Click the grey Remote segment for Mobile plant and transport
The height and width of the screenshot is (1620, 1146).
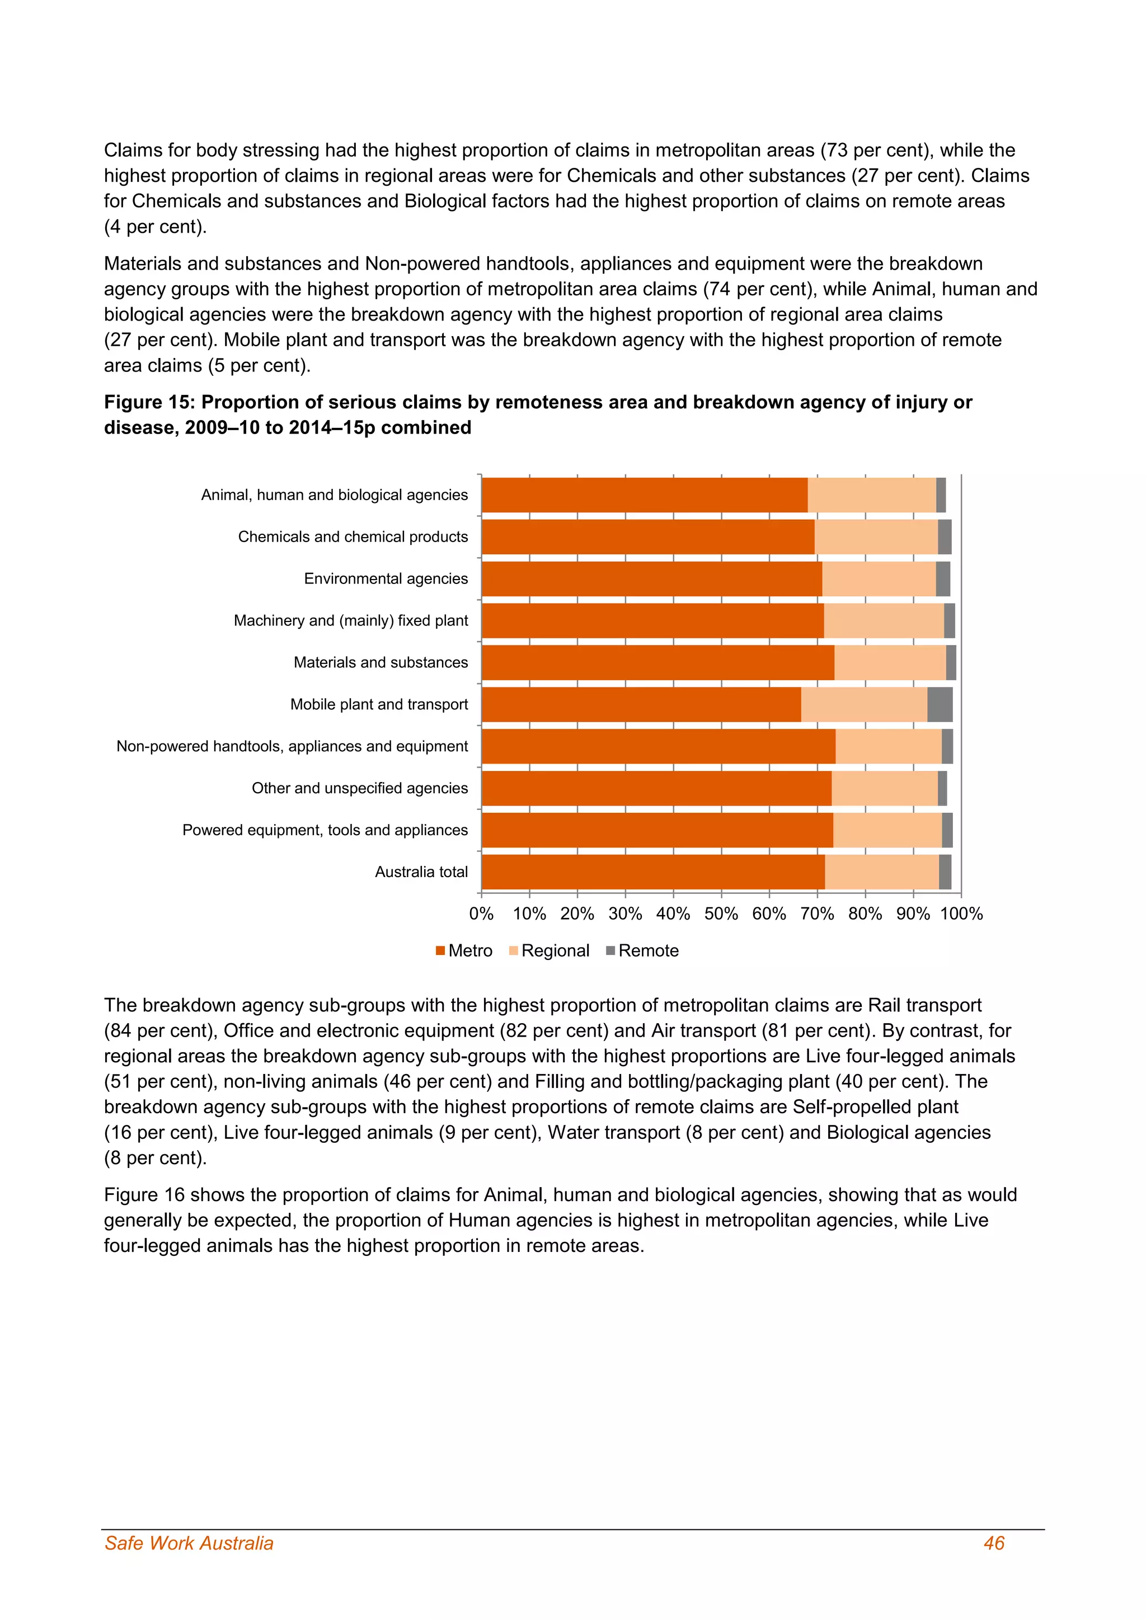tap(940, 704)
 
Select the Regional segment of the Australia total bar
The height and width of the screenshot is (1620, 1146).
tap(881, 872)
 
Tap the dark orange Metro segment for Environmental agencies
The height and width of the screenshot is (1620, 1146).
tap(651, 578)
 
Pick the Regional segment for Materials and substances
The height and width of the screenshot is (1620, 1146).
tap(890, 662)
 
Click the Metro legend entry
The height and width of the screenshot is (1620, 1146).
tap(464, 950)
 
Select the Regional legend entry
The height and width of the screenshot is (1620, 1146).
tap(549, 950)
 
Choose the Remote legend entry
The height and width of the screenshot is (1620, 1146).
tap(642, 950)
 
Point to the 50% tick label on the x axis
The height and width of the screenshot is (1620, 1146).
tap(721, 913)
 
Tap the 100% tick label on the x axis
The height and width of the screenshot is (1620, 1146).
tap(961, 913)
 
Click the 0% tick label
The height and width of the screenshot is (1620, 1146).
tap(481, 913)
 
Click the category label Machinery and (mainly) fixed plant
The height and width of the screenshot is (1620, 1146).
tap(351, 620)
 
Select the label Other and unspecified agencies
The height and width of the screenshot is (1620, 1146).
tap(359, 788)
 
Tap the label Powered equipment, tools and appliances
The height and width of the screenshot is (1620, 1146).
tap(325, 830)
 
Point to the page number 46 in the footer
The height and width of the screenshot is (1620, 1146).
tap(994, 1543)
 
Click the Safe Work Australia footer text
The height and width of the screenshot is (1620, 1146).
tap(189, 1543)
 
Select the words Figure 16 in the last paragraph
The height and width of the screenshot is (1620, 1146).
tap(144, 1194)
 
